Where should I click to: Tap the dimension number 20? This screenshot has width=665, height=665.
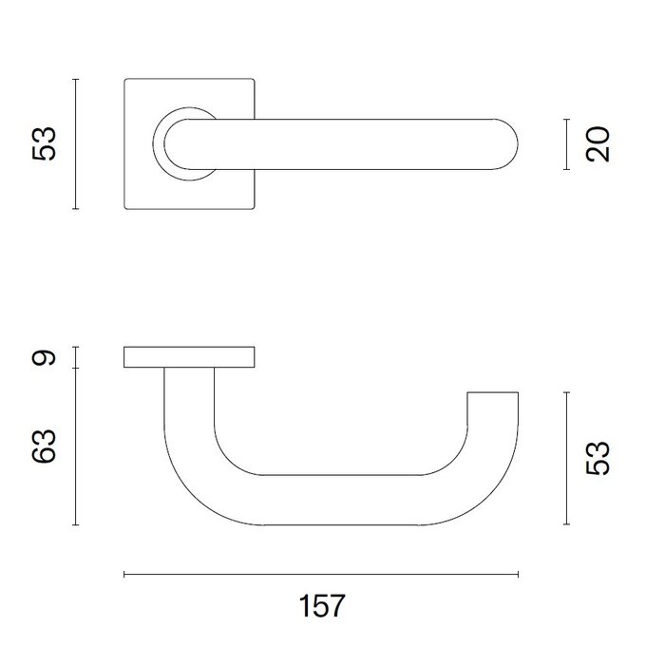tap(597, 144)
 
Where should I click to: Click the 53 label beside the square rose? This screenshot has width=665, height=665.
tap(46, 144)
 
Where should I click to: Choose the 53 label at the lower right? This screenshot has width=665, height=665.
tap(597, 458)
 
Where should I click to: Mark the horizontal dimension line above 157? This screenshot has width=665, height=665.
tap(321, 575)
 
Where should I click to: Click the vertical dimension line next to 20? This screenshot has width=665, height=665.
tap(566, 144)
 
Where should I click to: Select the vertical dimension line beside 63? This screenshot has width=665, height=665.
tap(76, 446)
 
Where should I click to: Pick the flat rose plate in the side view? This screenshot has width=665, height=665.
tap(190, 357)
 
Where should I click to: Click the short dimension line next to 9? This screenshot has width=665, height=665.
tap(76, 357)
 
